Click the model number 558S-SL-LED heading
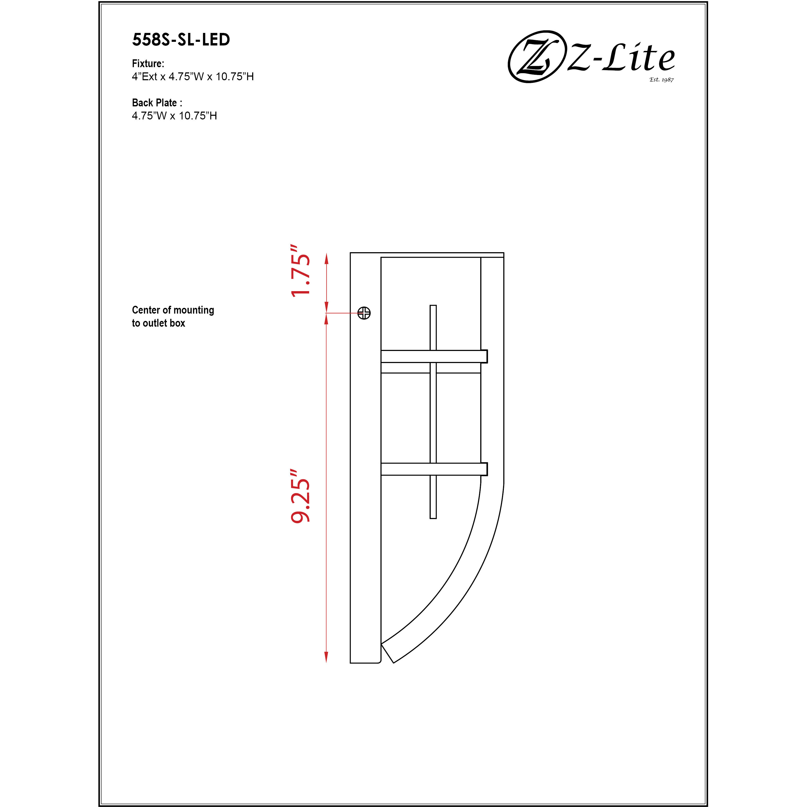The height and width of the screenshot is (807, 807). coord(181,40)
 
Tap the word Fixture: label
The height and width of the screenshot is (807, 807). coord(148,64)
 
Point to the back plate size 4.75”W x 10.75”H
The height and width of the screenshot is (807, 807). coord(174,116)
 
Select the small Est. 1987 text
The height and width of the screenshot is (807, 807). coord(661,79)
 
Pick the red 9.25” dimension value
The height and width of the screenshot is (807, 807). coord(301,496)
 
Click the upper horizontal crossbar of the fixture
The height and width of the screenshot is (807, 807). coord(434,356)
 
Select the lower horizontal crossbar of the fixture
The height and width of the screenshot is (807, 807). coord(434,469)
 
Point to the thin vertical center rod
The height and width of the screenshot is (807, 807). coord(433,411)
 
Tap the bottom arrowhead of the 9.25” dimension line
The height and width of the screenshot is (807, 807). coord(326,657)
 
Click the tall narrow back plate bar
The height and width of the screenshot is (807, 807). coord(365,459)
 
